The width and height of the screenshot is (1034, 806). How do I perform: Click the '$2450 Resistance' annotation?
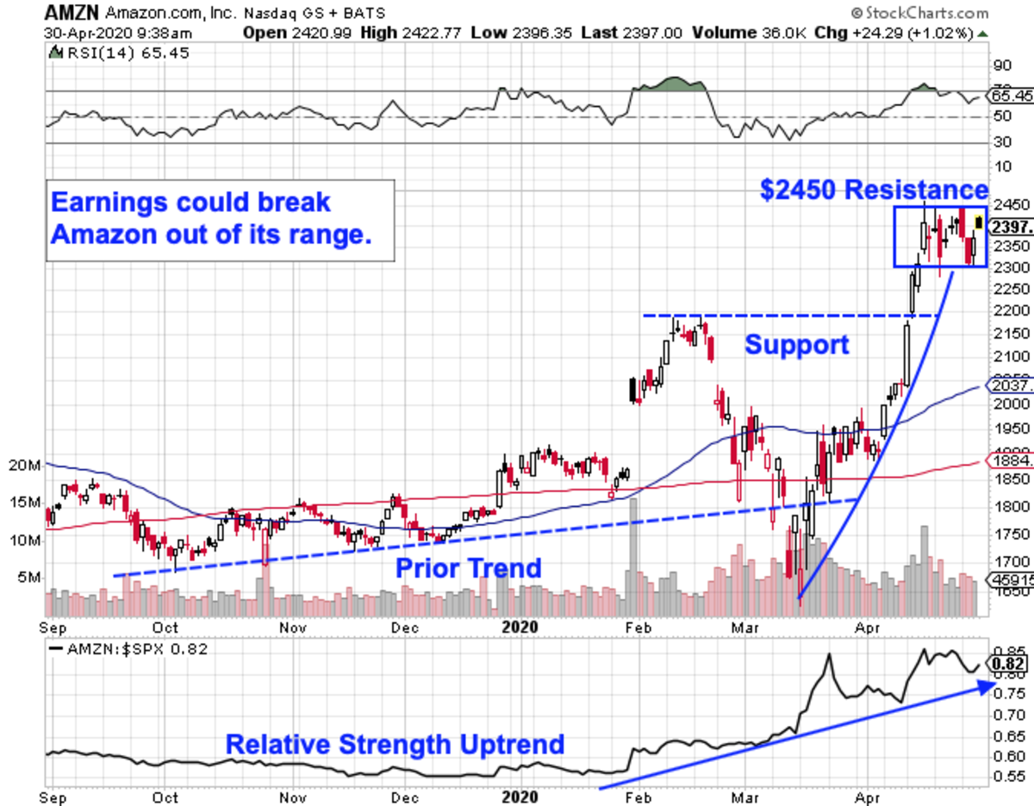(874, 190)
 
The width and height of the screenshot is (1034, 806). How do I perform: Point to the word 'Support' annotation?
(797, 345)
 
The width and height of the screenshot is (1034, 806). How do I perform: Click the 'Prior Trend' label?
(468, 567)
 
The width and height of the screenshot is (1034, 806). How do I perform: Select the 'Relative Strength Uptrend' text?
(395, 744)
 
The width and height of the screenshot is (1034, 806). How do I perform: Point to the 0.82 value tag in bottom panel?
(1009, 663)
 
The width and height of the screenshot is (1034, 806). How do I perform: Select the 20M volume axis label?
(24, 465)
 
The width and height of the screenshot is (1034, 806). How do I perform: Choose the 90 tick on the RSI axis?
(1001, 65)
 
